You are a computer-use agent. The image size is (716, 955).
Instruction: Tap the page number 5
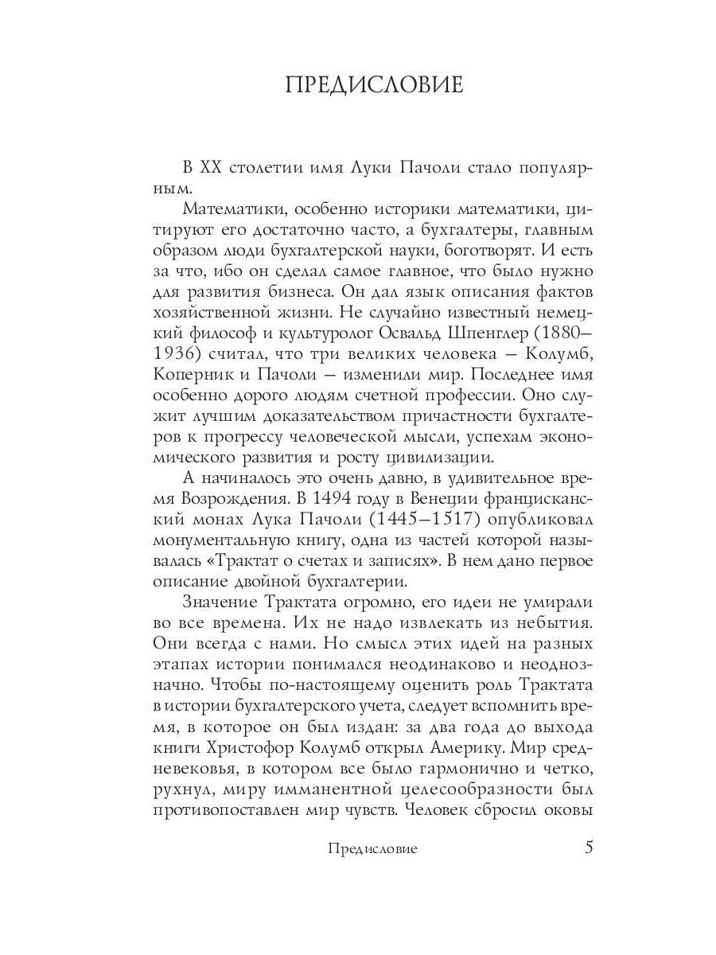coord(589,847)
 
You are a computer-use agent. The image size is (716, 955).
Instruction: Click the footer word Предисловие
coord(372,849)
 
